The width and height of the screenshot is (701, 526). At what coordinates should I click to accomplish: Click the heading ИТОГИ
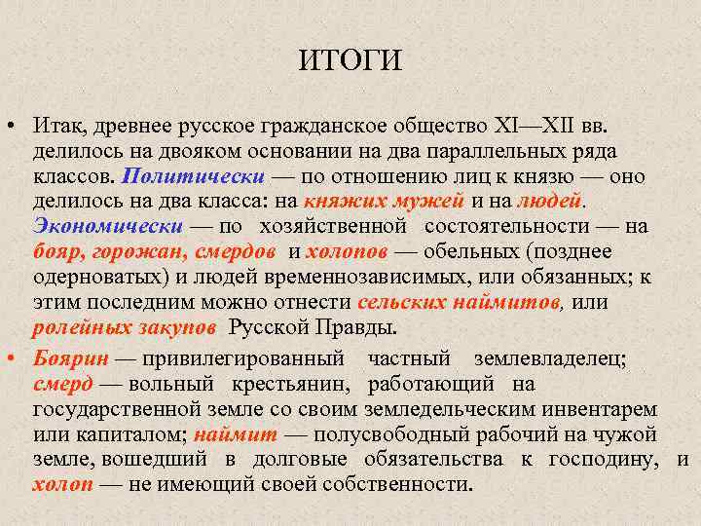coord(350,61)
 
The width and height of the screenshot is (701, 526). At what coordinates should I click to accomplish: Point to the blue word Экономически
coord(108,227)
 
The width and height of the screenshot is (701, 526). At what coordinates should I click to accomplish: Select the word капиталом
coord(135,434)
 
